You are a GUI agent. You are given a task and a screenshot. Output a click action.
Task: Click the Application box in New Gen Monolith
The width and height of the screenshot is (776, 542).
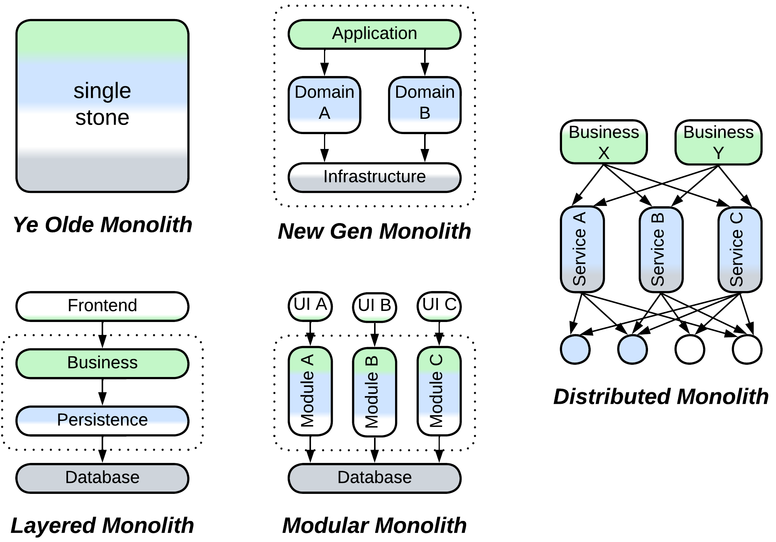pyautogui.click(x=374, y=34)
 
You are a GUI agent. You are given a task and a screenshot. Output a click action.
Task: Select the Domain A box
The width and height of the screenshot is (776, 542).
pyautogui.click(x=324, y=105)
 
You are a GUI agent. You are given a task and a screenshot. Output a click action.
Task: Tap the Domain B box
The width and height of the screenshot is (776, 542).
pyautogui.click(x=424, y=105)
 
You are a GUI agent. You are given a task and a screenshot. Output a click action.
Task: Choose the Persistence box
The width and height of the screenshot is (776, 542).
pyautogui.click(x=102, y=421)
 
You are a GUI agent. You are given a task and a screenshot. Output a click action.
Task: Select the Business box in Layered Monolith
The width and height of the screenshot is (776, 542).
pyautogui.click(x=102, y=363)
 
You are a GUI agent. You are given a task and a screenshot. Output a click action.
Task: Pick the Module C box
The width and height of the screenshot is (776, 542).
pyautogui.click(x=439, y=391)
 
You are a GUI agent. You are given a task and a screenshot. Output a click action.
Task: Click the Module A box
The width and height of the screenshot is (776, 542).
pyautogui.click(x=310, y=391)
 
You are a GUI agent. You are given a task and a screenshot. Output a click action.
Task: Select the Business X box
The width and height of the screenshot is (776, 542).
pyautogui.click(x=604, y=142)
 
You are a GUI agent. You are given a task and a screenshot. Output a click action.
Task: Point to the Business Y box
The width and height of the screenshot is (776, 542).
pyautogui.click(x=718, y=142)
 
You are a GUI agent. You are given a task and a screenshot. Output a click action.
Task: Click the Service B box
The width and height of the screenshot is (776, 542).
pyautogui.click(x=661, y=250)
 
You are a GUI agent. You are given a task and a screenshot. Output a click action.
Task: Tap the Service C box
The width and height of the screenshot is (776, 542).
pyautogui.click(x=740, y=250)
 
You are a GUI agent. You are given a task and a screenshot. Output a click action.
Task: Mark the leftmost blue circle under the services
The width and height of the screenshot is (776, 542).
pyautogui.click(x=575, y=349)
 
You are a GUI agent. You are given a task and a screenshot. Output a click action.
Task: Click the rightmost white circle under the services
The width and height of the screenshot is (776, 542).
pyautogui.click(x=747, y=349)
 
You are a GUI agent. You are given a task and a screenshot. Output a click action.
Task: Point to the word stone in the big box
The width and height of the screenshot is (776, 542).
pyautogui.click(x=102, y=118)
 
